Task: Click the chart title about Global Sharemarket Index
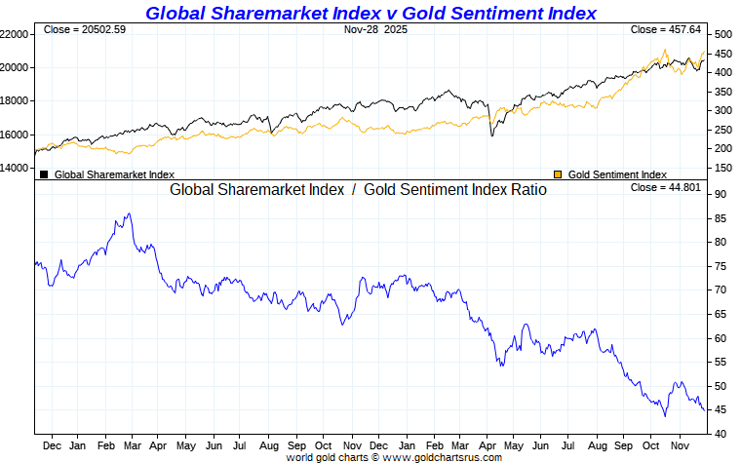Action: tap(370, 13)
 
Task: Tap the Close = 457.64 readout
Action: tap(666, 30)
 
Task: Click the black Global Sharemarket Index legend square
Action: tap(44, 174)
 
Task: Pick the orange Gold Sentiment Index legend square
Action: tap(558, 174)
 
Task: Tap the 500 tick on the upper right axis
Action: tap(722, 34)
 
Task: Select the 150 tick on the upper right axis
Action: tap(722, 169)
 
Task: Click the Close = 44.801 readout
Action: tap(666, 187)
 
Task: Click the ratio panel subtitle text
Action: tap(358, 190)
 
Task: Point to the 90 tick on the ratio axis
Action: tap(720, 195)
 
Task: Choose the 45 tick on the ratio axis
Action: tap(720, 409)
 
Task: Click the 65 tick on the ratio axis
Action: tap(720, 315)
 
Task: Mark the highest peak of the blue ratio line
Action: tap(128, 214)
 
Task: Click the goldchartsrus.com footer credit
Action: tap(394, 457)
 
